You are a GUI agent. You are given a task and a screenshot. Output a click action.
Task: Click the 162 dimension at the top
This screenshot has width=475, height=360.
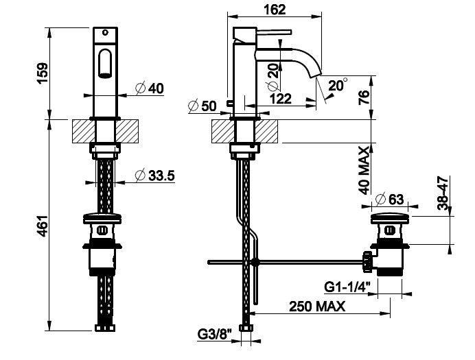(275, 10)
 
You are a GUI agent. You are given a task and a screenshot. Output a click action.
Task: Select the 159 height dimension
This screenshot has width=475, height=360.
(42, 73)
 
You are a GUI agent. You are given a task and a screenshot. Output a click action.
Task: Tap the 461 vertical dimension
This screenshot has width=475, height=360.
(42, 226)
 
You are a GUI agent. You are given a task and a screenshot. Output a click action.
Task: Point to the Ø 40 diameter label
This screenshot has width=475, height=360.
(150, 88)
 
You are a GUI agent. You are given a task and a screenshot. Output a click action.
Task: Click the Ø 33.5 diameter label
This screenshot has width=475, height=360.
(155, 176)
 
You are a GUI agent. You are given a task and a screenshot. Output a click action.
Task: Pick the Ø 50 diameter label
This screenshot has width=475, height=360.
(202, 106)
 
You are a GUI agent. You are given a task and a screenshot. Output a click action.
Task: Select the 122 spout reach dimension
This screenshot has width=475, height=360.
(281, 99)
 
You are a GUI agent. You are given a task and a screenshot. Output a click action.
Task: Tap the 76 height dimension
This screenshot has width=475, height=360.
(364, 97)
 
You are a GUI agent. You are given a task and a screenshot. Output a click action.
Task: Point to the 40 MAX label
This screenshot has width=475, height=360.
(364, 170)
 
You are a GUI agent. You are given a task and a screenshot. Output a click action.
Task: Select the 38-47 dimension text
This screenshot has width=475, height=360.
(443, 193)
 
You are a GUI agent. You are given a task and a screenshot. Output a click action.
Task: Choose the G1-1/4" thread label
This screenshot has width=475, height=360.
(347, 287)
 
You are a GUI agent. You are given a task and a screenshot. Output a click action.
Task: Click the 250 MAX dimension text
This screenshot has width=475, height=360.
(317, 307)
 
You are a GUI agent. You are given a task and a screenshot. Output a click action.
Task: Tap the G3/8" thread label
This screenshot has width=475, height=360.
(215, 335)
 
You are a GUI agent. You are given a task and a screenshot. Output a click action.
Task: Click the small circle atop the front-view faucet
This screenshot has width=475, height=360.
(105, 32)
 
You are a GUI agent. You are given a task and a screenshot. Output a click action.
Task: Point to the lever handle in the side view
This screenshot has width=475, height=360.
(274, 32)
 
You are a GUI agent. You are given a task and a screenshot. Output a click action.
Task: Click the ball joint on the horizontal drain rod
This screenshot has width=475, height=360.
(255, 262)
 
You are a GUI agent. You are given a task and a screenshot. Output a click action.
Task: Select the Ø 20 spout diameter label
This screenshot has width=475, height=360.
(273, 77)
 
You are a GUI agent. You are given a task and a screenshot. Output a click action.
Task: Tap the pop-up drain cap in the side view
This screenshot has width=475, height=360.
(391, 218)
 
